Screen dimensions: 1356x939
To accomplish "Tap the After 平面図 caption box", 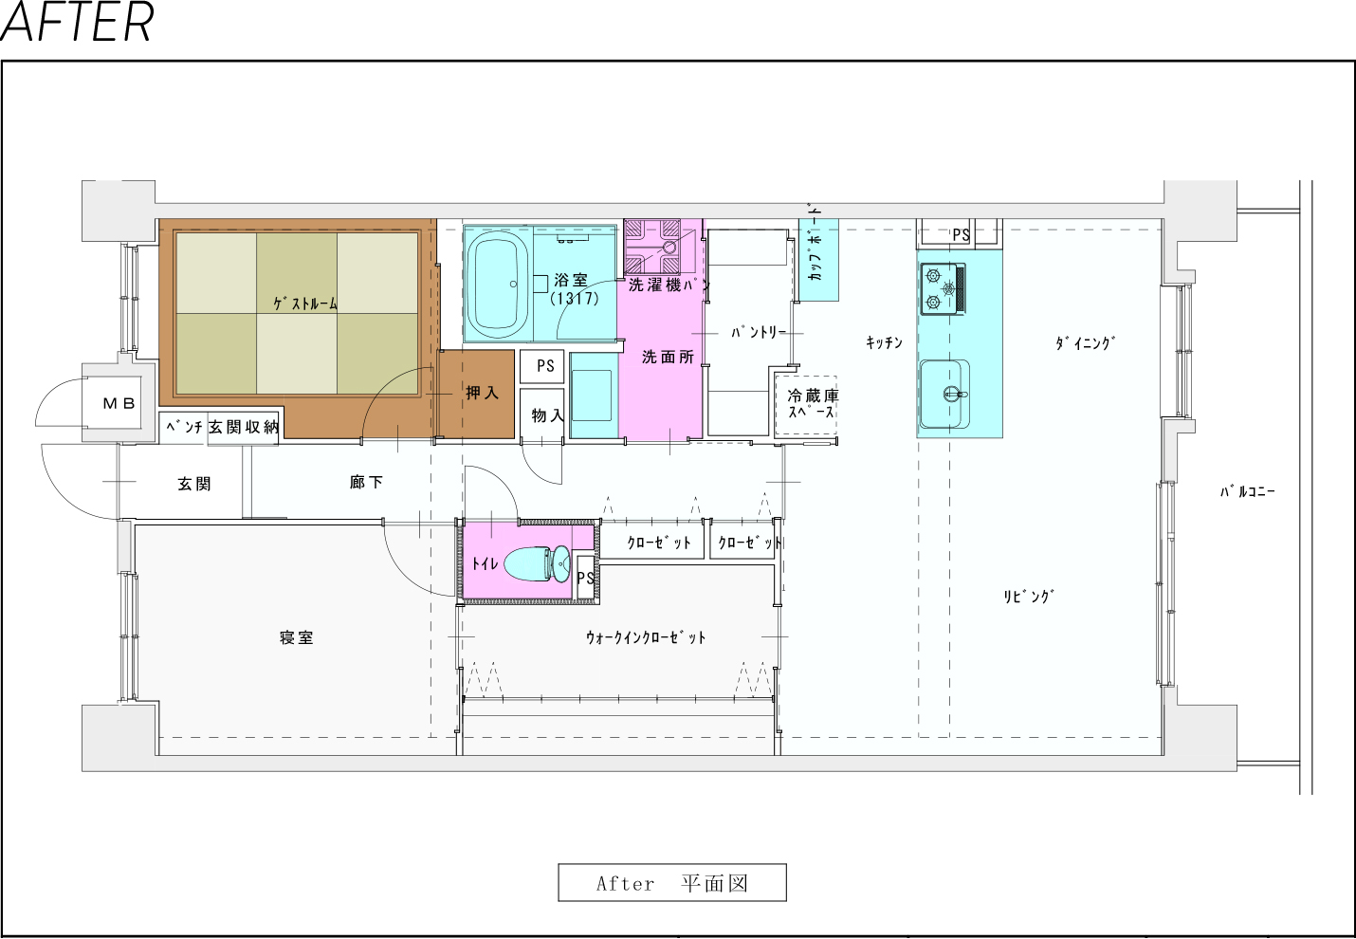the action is (x=672, y=883).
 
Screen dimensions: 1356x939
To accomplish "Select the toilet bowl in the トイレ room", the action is (x=537, y=563).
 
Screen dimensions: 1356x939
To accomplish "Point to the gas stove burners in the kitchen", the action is (x=943, y=288).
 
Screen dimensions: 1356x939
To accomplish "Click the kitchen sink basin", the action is (x=944, y=395).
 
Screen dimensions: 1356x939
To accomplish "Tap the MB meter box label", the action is (x=119, y=403).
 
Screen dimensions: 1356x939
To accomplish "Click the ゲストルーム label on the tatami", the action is (x=305, y=304).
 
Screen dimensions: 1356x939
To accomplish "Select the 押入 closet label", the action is (x=482, y=393).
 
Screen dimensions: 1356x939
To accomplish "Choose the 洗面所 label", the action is (x=668, y=358).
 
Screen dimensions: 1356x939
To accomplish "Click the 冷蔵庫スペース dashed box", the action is (x=806, y=405).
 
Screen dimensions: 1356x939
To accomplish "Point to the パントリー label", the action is (x=759, y=332).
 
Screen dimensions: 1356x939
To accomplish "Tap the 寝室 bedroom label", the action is (x=297, y=637).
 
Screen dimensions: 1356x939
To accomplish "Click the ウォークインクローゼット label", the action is (x=646, y=637).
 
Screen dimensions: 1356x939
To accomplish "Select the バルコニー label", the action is (x=1248, y=491).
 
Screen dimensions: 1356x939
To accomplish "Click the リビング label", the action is (x=1029, y=597).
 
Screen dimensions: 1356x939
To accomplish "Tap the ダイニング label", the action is (x=1086, y=342).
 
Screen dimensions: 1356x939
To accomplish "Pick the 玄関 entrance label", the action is (x=194, y=484).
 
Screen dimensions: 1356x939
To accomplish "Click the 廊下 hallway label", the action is (x=366, y=482).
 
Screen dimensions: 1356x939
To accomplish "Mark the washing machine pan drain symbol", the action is (x=669, y=247).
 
